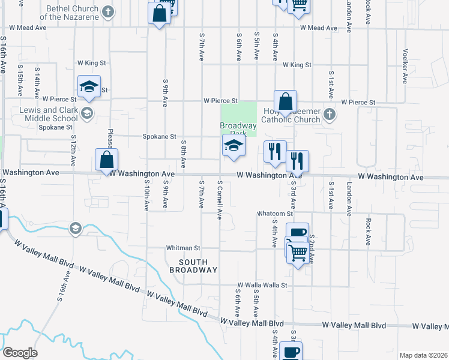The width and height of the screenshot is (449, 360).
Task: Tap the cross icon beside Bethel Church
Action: [107, 12]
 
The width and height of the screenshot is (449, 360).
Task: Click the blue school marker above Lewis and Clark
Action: [89, 86]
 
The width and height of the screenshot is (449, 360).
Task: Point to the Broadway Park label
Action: [238, 129]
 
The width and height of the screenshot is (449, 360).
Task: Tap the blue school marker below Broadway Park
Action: [234, 146]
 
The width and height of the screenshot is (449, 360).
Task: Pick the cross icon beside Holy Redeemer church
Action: [329, 114]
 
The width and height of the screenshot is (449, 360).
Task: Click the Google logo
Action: [20, 352]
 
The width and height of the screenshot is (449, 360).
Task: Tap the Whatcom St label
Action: [274, 214]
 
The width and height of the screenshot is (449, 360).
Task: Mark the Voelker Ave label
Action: [406, 66]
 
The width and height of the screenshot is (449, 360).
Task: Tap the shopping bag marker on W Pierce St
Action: [286, 101]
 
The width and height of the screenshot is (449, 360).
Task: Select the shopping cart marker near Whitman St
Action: [297, 252]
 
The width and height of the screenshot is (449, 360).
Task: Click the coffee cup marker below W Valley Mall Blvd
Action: [291, 352]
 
